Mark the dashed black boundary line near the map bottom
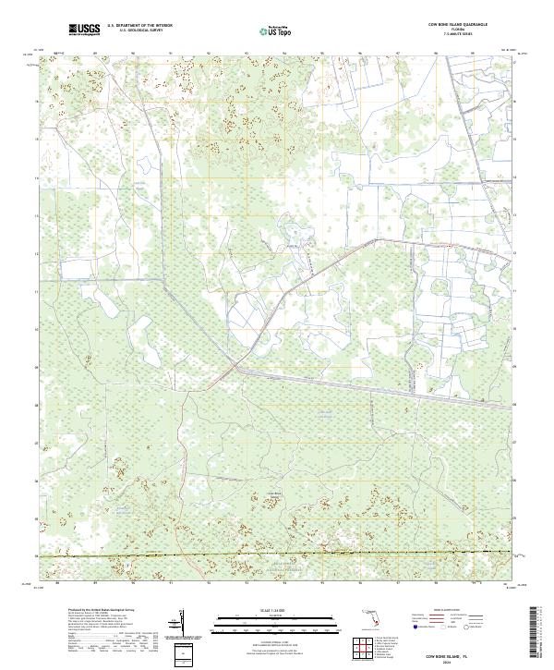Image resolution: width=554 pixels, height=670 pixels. [277, 554]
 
